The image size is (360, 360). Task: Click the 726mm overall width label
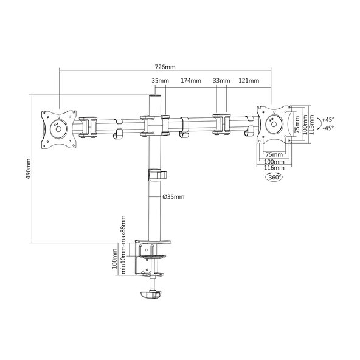click(165, 67)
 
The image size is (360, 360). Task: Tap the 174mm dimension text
click(191, 81)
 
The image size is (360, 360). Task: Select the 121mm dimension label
click(249, 81)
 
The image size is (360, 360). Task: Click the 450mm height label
click(28, 169)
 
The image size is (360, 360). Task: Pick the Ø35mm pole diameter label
click(173, 197)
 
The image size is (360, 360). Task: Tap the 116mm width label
click(274, 168)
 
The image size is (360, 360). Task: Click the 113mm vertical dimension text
click(311, 125)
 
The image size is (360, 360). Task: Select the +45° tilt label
click(328, 120)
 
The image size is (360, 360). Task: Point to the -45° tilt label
click(328, 128)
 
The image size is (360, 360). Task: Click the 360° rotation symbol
click(274, 177)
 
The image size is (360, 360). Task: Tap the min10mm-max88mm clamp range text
click(123, 244)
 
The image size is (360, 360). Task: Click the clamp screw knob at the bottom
click(151, 294)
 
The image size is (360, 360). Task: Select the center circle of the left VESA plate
click(58, 130)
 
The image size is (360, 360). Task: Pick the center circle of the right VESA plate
click(274, 124)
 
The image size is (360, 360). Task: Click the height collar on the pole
click(157, 175)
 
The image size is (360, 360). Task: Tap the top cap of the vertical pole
click(155, 97)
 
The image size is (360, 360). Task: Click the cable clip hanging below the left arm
click(118, 134)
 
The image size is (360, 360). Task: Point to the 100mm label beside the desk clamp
click(114, 258)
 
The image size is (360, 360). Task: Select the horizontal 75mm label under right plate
click(274, 154)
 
